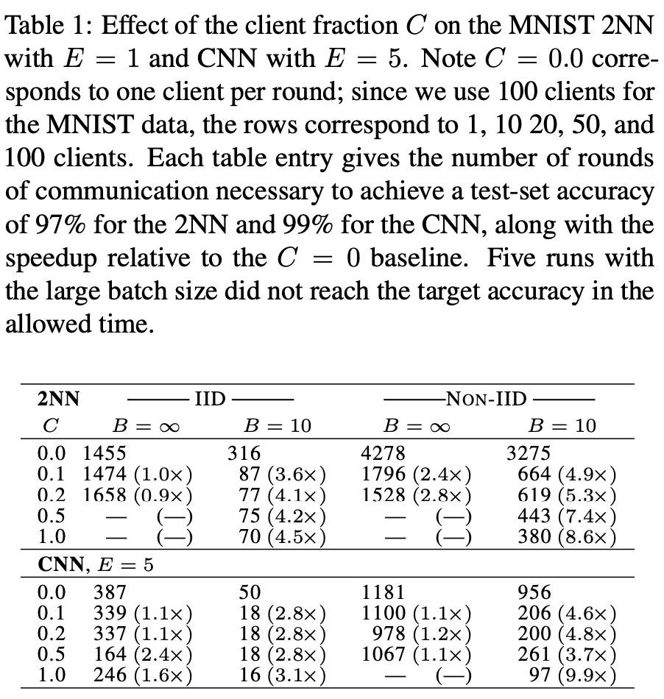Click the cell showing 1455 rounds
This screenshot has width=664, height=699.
point(105,453)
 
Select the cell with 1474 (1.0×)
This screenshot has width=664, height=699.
point(138,473)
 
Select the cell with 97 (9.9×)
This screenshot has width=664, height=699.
point(573,675)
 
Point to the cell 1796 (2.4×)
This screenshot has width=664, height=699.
point(417,473)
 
